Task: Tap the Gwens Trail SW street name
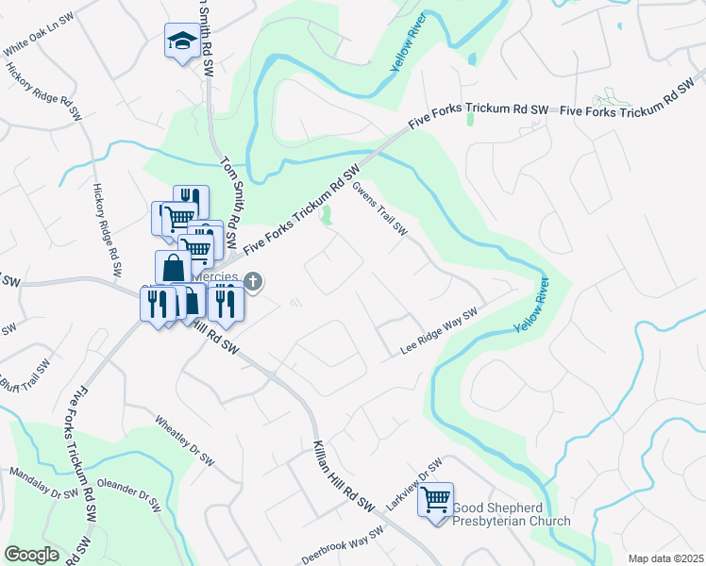[379, 208]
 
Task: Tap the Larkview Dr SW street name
[415, 486]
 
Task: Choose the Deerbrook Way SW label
[343, 546]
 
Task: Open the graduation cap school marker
[180, 41]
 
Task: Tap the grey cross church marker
[253, 280]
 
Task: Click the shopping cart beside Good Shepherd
[435, 500]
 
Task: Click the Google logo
[31, 555]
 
